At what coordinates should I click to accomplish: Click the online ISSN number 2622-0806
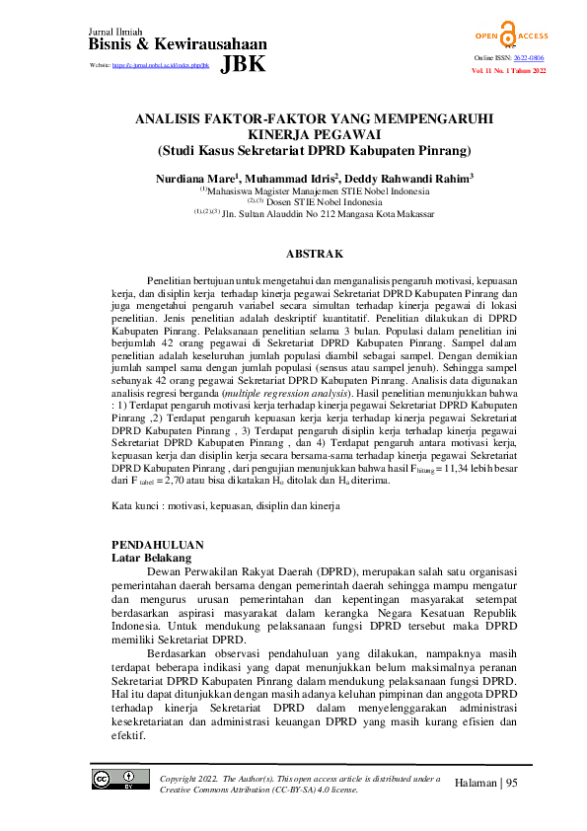529,59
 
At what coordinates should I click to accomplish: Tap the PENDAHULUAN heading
158,544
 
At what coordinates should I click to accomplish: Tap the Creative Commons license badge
114,780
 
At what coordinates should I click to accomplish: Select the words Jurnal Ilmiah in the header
113,33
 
